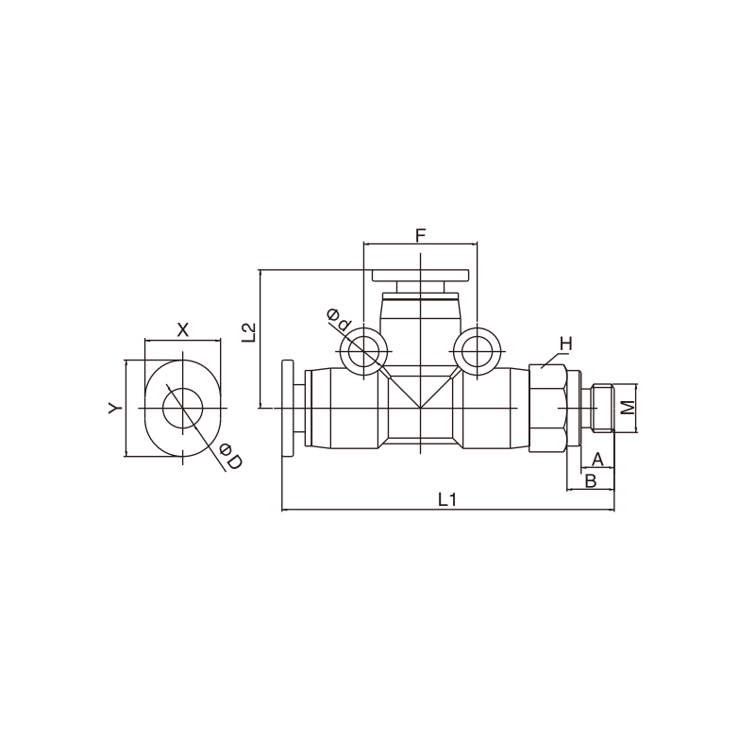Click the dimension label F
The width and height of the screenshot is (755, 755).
tap(420, 236)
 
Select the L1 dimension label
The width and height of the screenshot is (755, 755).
tap(447, 500)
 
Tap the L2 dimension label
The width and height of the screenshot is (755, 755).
tap(249, 332)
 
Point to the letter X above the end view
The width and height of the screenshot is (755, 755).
tap(183, 330)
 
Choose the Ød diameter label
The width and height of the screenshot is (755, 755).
tap(339, 320)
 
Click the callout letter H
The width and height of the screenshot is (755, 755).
tap(566, 344)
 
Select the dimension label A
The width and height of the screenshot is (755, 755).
tap(597, 459)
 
